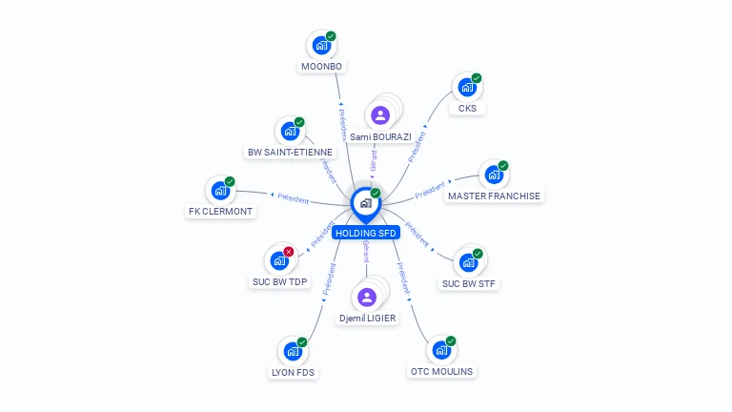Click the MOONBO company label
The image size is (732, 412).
tap(322, 67)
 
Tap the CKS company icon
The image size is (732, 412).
tap(466, 88)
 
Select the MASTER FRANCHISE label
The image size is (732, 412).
tap(494, 196)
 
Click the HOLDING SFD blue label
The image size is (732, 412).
tap(365, 233)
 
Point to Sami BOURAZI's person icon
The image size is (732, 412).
tap(380, 115)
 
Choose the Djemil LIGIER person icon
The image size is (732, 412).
tap(368, 297)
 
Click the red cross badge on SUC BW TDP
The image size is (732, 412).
tap(289, 252)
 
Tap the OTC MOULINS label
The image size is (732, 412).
tap(441, 371)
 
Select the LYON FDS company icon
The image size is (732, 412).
tap(292, 351)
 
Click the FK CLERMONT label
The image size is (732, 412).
tap(221, 211)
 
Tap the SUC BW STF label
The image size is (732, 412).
tap(469, 283)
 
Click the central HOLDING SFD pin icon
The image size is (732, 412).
tap(365, 203)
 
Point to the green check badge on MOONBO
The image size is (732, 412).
tap(331, 36)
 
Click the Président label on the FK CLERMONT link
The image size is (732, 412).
tap(293, 198)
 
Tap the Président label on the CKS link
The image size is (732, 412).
tap(417, 147)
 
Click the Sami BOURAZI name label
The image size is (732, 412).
tap(380, 136)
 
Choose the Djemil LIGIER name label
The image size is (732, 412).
tap(368, 318)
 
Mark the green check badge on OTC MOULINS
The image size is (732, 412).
tap(451, 340)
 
